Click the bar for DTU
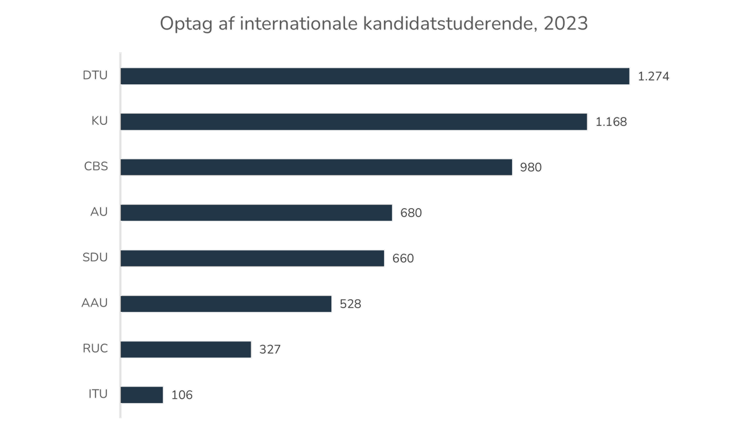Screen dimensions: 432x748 [375, 76]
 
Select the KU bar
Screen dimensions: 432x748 [354, 122]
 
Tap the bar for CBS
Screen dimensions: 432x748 [316, 167]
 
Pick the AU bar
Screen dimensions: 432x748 [257, 213]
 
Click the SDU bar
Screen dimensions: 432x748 [252, 258]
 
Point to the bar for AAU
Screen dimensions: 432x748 [226, 304]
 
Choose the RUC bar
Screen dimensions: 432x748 [186, 349]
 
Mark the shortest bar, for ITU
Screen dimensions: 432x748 [142, 395]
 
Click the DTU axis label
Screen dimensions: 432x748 [95, 76]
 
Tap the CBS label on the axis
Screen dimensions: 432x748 [95, 167]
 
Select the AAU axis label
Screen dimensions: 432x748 [94, 304]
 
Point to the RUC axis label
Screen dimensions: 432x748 [95, 349]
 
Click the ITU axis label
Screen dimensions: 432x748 [97, 395]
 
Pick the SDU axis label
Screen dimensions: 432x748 [95, 258]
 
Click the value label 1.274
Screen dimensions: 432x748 [653, 76]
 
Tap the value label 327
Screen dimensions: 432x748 [270, 350]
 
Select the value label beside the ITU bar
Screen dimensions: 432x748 [182, 395]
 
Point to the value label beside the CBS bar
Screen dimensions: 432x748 [530, 168]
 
